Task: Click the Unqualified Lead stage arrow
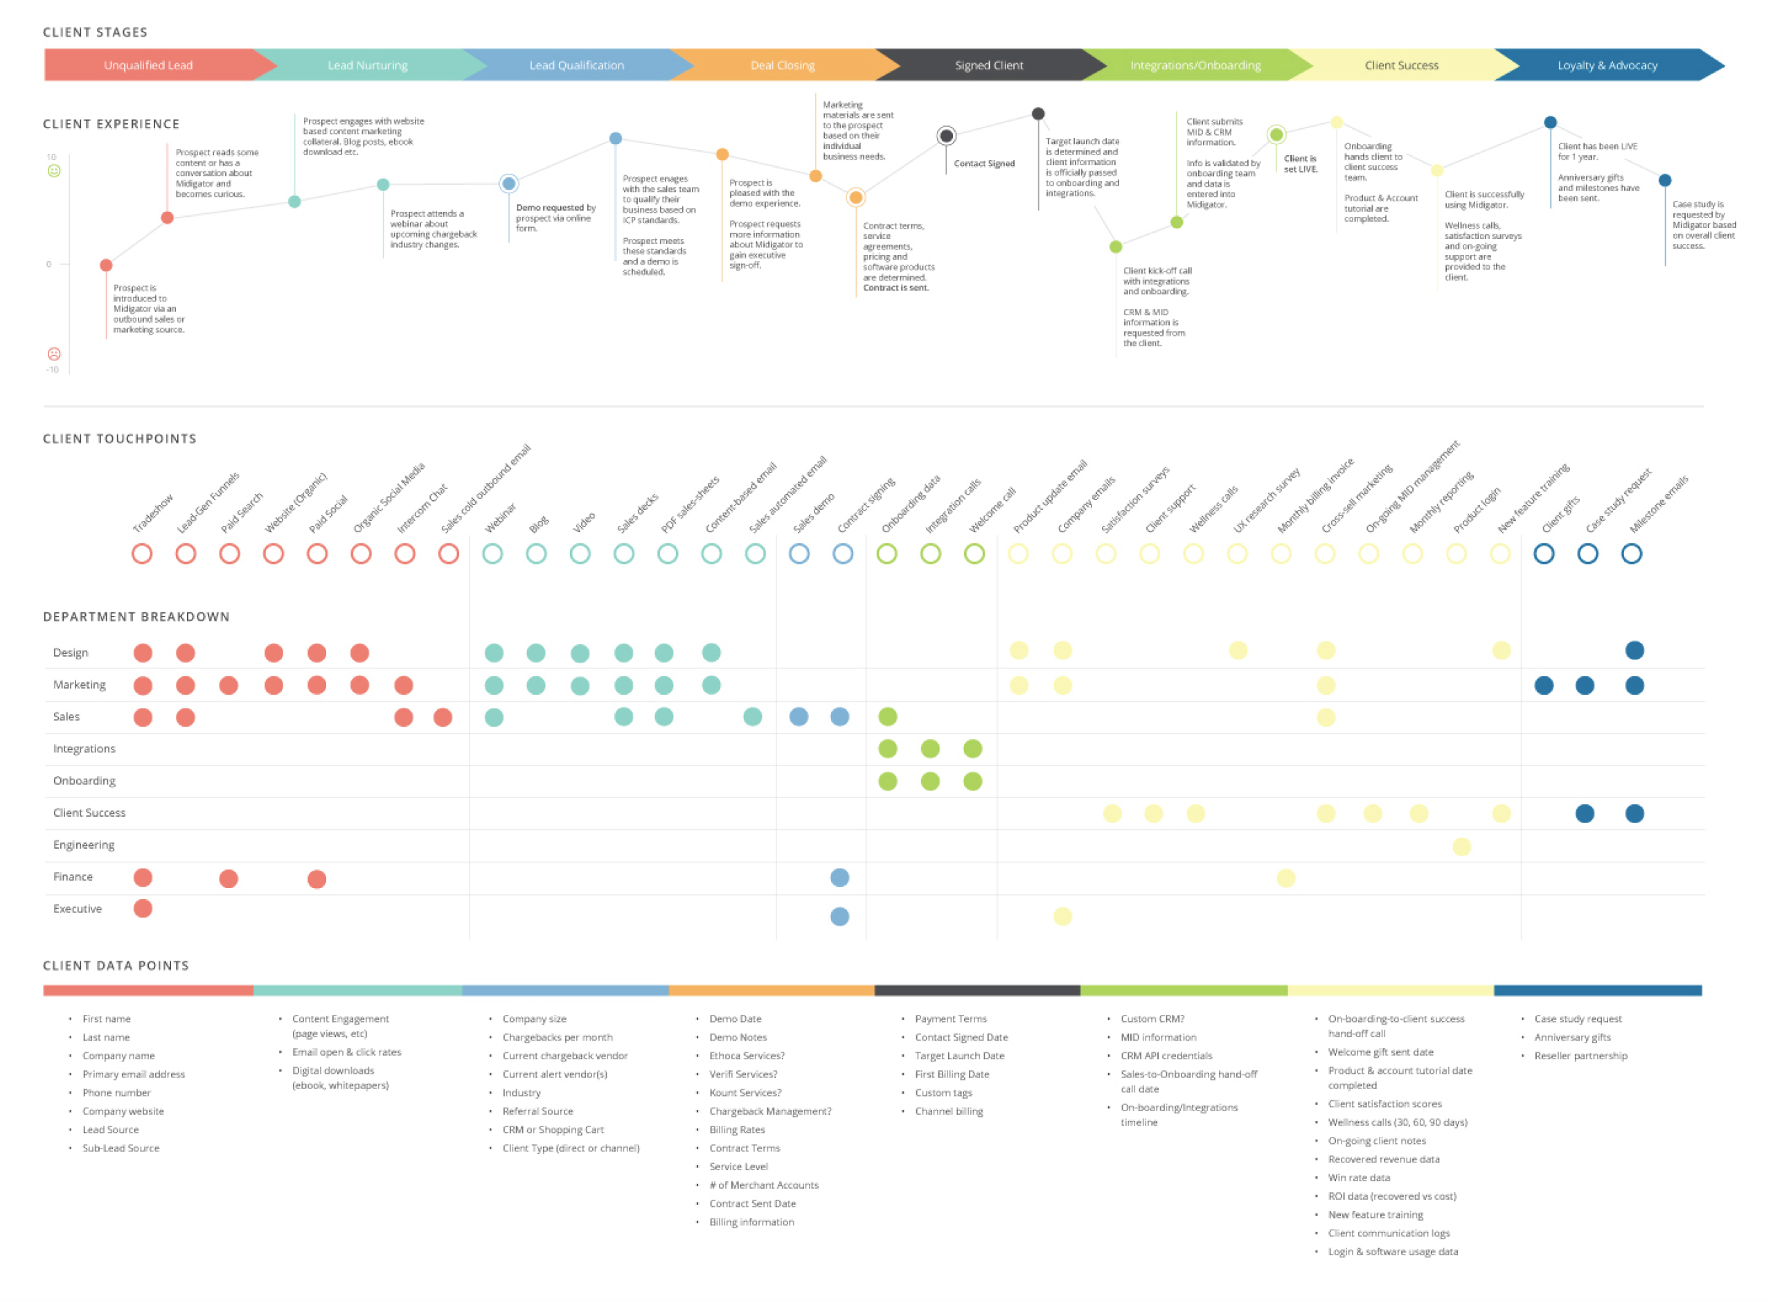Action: [148, 65]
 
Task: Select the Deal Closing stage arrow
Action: [782, 65]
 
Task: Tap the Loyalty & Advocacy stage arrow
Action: [1606, 65]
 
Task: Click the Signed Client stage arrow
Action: [988, 65]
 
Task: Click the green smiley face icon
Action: [53, 171]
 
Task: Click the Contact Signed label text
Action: [983, 163]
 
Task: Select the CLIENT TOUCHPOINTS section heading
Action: [120, 439]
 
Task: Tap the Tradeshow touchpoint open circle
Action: [142, 554]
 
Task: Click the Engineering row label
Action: [83, 844]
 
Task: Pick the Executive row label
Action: [77, 908]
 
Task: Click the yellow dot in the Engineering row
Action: [1461, 847]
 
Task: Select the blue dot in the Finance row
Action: [839, 877]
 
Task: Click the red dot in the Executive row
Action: [143, 908]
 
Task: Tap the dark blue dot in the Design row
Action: [1634, 650]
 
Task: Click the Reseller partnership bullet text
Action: [1579, 1055]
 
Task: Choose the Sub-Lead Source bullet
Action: [121, 1147]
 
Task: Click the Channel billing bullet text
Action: [948, 1110]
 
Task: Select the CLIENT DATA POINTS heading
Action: [116, 966]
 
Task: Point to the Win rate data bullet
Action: [1358, 1178]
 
